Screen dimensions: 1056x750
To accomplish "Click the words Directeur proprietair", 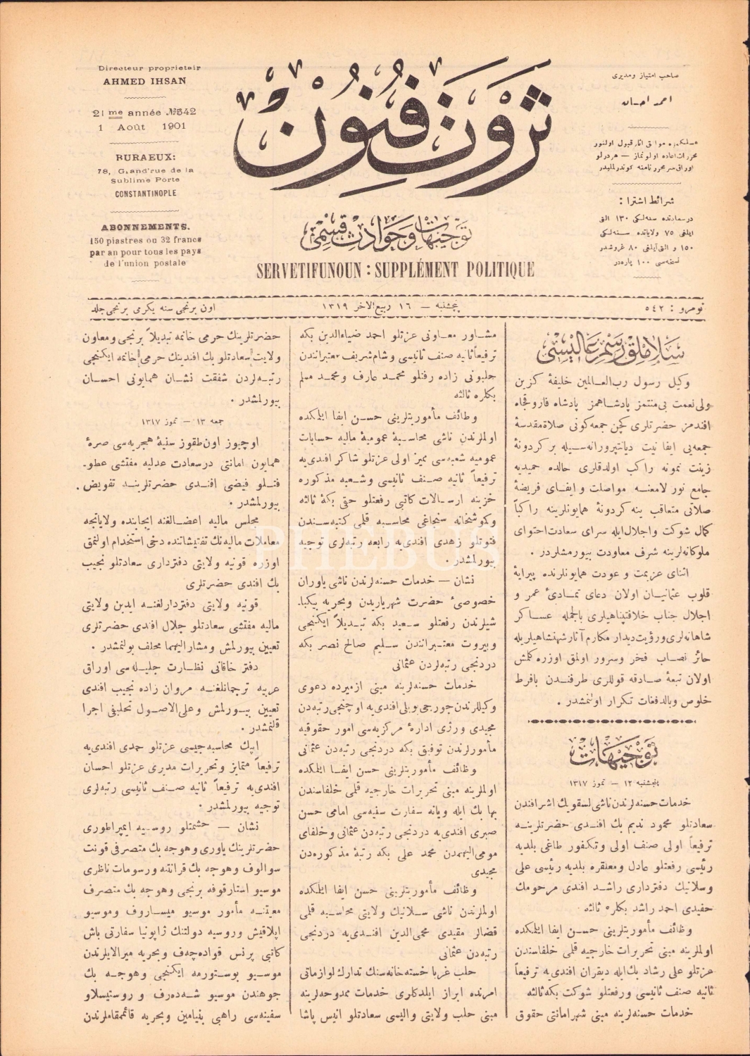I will (x=149, y=68).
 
